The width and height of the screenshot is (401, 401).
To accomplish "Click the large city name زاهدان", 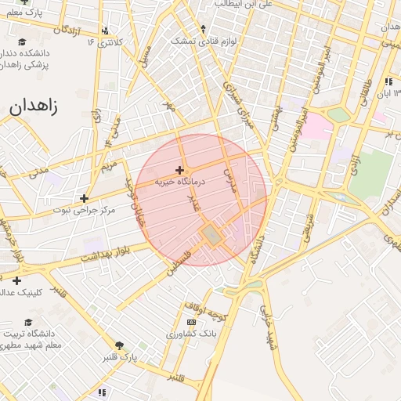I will click(x=34, y=107).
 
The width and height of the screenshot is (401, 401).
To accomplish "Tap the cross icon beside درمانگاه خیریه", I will click(x=180, y=170).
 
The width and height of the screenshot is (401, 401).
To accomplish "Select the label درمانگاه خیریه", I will click(x=179, y=181).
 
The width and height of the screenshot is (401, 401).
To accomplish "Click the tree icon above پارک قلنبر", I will click(x=120, y=345).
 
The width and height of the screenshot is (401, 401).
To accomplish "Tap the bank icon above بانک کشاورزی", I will click(x=191, y=322).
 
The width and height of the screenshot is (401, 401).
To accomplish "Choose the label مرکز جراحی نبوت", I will click(x=84, y=210).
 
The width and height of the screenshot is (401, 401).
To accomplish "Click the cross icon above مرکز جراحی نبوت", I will click(x=84, y=198).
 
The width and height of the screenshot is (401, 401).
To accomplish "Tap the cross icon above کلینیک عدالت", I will click(x=16, y=280).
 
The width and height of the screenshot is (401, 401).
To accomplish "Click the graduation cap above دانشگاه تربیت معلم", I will click(x=29, y=322).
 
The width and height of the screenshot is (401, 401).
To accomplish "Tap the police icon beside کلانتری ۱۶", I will click(x=103, y=41).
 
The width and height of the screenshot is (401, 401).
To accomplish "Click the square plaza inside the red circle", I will click(x=211, y=234).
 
